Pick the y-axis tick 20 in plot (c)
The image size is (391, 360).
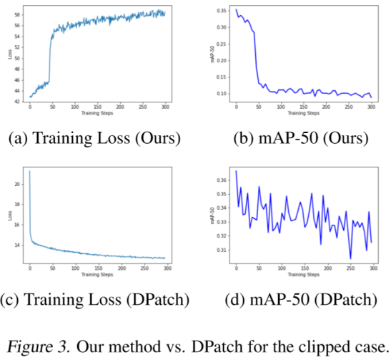(20, 184)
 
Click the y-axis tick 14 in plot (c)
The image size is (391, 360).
(20, 245)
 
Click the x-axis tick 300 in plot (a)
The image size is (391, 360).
(165, 107)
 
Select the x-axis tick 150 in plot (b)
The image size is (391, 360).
(304, 107)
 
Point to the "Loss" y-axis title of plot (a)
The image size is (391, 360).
(10, 54)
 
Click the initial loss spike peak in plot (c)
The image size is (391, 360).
(29, 172)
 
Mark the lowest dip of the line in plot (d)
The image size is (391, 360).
(350, 258)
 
